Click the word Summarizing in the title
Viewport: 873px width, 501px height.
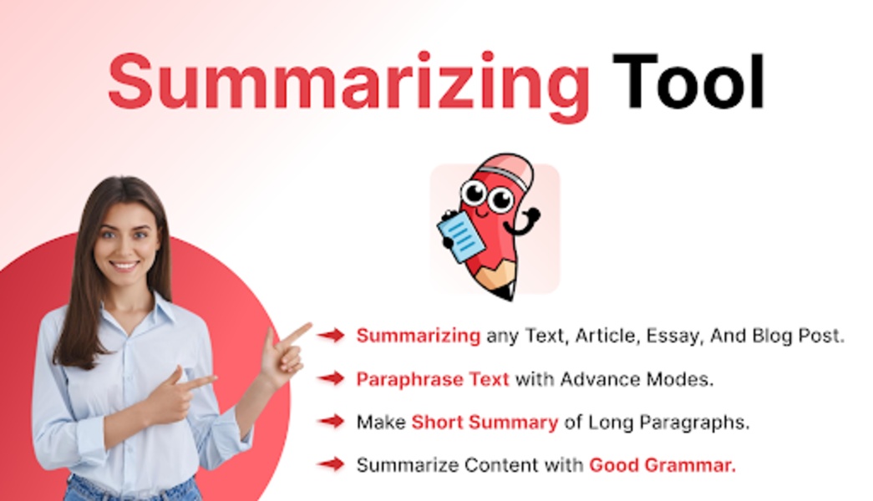(x=348, y=84)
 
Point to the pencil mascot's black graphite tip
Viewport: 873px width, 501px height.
(x=508, y=293)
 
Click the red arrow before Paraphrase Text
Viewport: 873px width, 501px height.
(x=332, y=378)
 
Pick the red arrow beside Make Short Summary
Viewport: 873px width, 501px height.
(x=332, y=422)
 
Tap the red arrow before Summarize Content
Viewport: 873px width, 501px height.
(x=332, y=463)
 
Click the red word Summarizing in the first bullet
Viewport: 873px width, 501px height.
(x=419, y=337)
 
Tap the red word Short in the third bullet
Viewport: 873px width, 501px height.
(x=437, y=422)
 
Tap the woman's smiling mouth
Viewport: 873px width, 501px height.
(x=124, y=266)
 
